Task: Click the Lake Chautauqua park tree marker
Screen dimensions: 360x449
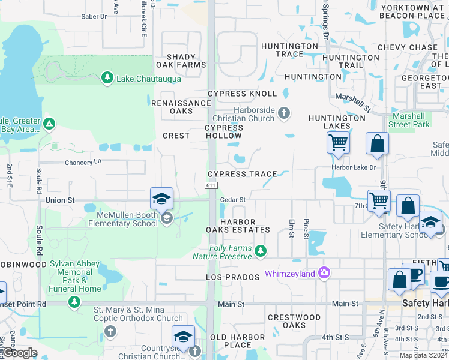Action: pos(107,77)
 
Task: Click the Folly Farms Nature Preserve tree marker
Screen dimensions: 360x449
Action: pos(260,250)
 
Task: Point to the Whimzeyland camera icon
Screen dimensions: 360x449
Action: pos(325,273)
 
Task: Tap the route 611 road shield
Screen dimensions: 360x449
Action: pos(210,186)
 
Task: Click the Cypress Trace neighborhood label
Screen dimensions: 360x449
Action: pos(243,174)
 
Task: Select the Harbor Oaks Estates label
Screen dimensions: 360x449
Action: pos(238,226)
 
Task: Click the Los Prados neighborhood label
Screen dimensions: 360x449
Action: pos(233,277)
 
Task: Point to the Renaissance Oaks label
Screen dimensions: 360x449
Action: pos(181,107)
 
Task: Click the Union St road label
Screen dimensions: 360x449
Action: pos(59,199)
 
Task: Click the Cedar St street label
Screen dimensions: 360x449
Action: pos(233,200)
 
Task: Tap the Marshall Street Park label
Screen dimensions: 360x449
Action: pos(409,120)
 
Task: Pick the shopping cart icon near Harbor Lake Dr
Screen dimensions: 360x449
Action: pos(339,144)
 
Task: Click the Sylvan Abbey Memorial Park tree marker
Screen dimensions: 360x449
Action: pos(74,301)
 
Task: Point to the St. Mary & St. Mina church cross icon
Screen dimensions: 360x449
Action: pos(110,331)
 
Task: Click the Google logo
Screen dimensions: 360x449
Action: pos(20,353)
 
